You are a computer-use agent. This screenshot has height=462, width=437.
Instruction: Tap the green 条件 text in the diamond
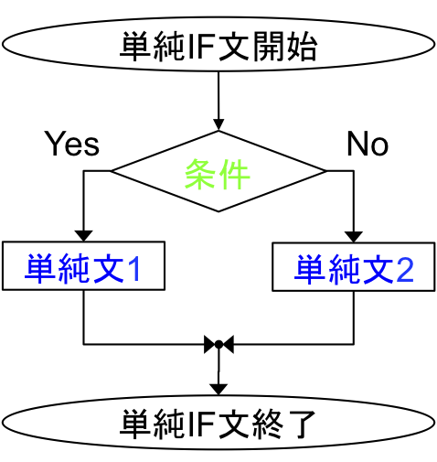[x=218, y=175]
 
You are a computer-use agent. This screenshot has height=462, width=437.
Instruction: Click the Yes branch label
[x=72, y=144]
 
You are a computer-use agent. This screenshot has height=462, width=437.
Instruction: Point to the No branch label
[x=368, y=144]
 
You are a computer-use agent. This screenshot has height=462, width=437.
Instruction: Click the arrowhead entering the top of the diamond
[x=218, y=125]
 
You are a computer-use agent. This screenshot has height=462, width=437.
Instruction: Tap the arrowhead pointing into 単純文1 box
[x=83, y=236]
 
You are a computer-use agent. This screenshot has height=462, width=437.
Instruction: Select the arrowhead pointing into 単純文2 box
[x=354, y=237]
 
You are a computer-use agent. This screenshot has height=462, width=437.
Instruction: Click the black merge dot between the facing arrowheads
[x=218, y=345]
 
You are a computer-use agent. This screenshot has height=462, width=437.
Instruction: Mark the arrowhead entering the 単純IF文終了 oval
[x=218, y=390]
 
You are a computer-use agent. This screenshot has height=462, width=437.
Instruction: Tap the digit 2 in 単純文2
[x=405, y=270]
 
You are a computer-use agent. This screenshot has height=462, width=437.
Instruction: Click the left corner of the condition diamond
[x=111, y=171]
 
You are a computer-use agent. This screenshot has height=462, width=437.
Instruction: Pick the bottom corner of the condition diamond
[x=218, y=211]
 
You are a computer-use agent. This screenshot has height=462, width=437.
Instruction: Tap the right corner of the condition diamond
[x=326, y=171]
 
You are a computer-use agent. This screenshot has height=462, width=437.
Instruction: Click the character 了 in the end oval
[x=301, y=424]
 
